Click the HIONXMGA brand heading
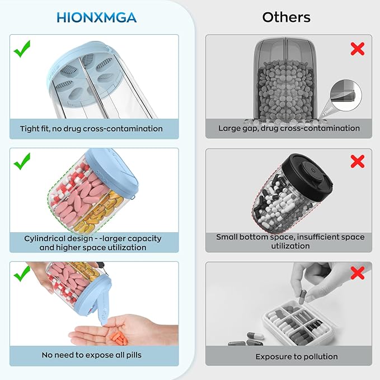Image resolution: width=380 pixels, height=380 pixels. pyautogui.click(x=96, y=18)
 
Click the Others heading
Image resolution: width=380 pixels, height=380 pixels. pyautogui.click(x=286, y=17)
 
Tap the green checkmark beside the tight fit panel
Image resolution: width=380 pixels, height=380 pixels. pyautogui.click(x=22, y=49)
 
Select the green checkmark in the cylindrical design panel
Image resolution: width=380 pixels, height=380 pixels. pyautogui.click(x=22, y=161)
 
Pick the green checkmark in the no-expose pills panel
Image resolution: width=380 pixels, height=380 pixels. pyautogui.click(x=22, y=274)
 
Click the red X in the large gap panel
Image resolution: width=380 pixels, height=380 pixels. pyautogui.click(x=358, y=49)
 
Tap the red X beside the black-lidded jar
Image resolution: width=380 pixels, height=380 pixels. pyautogui.click(x=358, y=161)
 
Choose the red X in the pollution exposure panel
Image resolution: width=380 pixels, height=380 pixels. pyautogui.click(x=358, y=273)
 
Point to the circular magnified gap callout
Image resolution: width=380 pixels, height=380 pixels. pyautogui.click(x=346, y=96)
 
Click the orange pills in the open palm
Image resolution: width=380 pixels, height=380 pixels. pyautogui.click(x=119, y=339)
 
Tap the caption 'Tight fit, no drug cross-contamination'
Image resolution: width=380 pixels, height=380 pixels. pyautogui.click(x=91, y=129)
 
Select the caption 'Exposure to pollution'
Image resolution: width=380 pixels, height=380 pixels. pyautogui.click(x=297, y=356)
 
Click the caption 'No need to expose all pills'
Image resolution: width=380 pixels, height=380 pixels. pyautogui.click(x=91, y=355)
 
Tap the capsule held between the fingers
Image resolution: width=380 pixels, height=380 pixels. pyautogui.click(x=302, y=297)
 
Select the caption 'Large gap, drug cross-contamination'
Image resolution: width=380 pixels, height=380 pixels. pyautogui.click(x=289, y=128)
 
